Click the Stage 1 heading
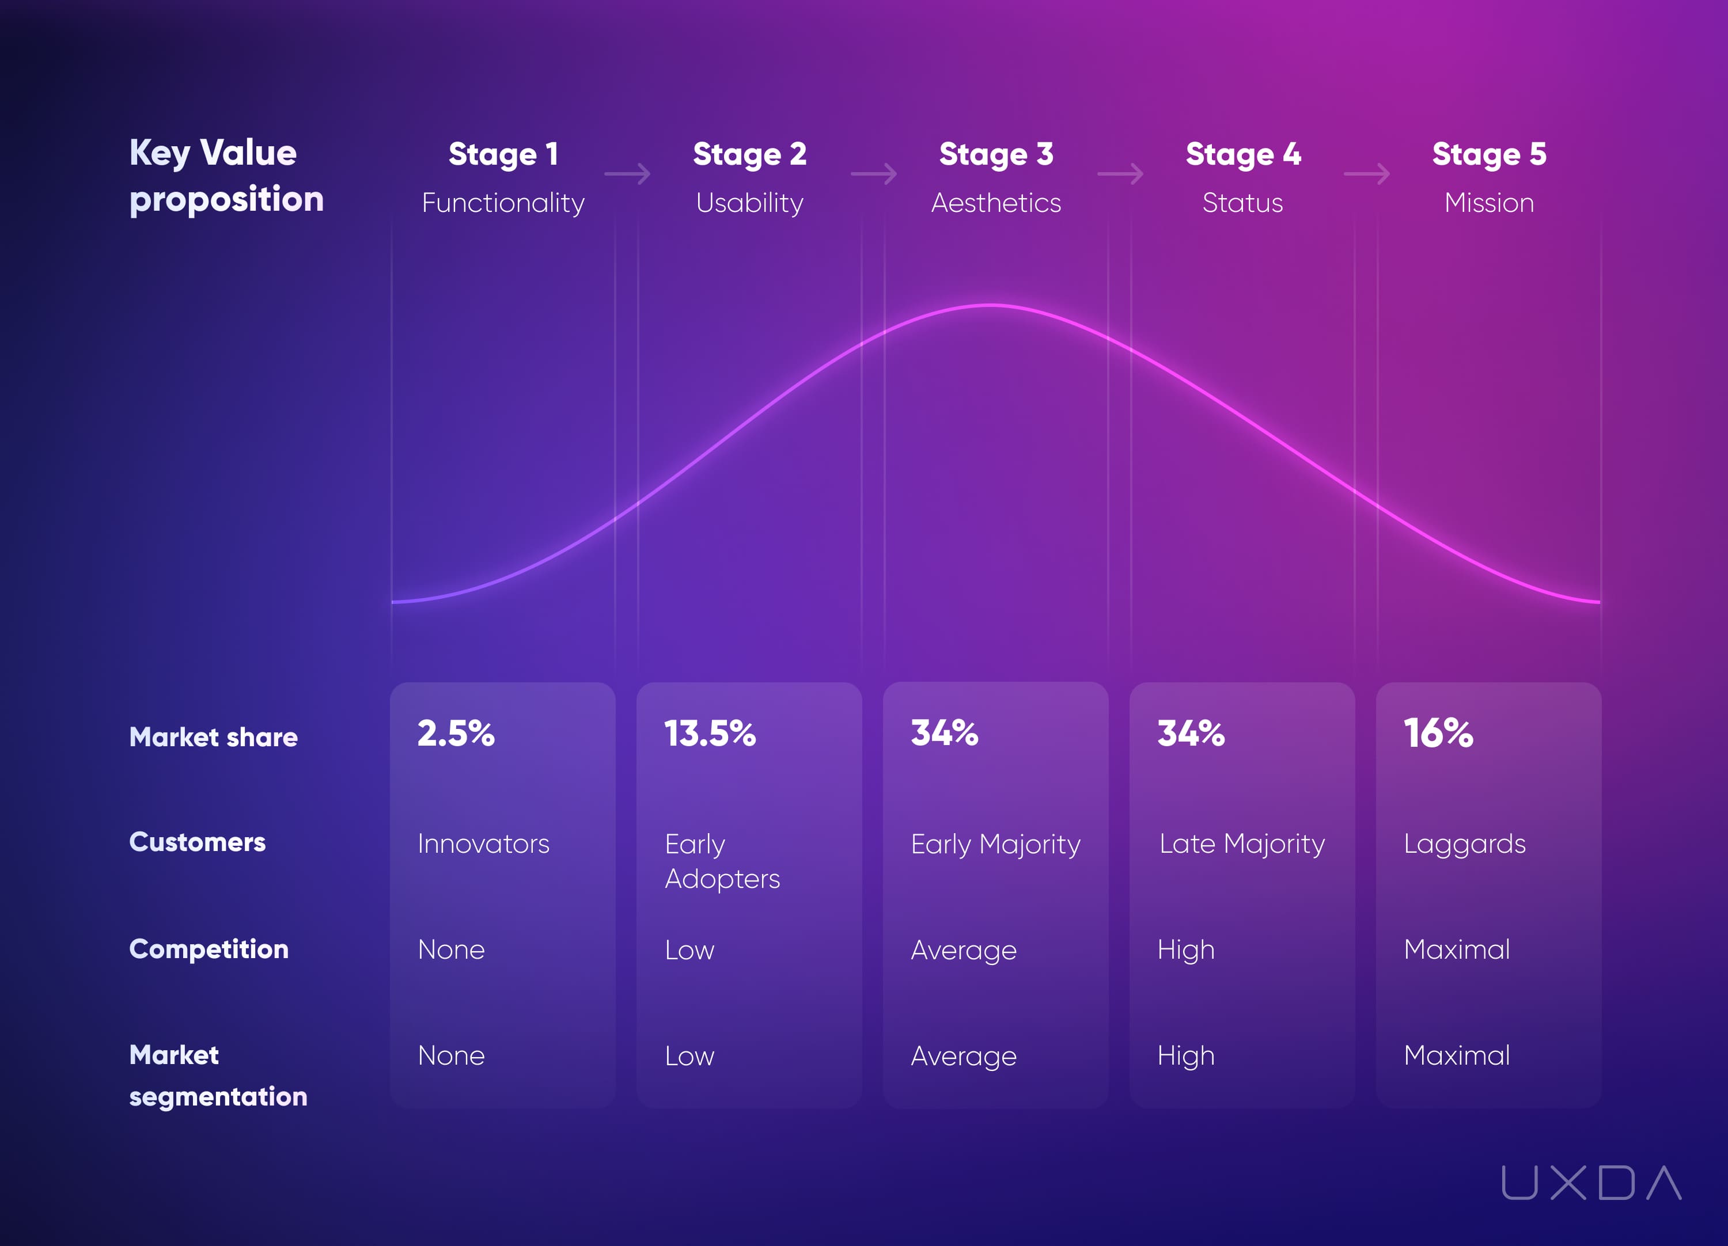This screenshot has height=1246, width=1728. coord(503,155)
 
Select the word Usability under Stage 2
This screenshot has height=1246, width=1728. coord(750,203)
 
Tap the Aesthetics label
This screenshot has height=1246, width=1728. coord(996,203)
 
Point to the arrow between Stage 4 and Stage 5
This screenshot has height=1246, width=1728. coord(1366,174)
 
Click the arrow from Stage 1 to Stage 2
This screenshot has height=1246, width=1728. coord(627,174)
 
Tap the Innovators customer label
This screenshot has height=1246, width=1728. coord(483,844)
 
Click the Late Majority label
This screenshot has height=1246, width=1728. coord(1242,844)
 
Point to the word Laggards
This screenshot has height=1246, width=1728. coord(1464,845)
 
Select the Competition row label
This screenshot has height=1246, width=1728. coord(209,949)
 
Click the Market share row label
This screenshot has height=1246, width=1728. coord(213,737)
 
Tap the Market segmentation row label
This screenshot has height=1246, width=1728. coord(218,1076)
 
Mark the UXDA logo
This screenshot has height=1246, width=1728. coord(1591,1182)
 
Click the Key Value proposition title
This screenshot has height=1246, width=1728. coord(226,176)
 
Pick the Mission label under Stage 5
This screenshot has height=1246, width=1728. coord(1489,203)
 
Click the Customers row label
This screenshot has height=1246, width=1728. coord(198,842)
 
